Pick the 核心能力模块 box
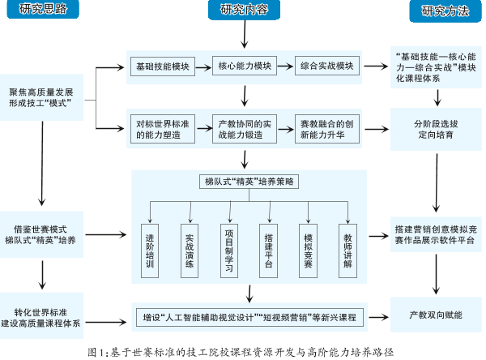pyautogui.click(x=242, y=66)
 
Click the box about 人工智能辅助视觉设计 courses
pyautogui.click(x=249, y=315)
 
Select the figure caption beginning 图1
pyautogui.click(x=243, y=352)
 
